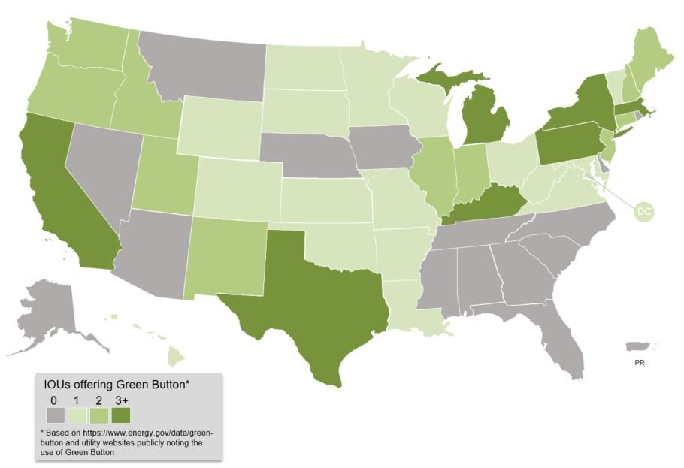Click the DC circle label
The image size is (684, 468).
point(643,212)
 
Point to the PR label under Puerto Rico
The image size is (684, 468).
point(639,362)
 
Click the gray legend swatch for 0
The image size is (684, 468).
point(55,415)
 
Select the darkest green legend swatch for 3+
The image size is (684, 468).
point(120,415)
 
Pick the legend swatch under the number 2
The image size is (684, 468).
point(98,415)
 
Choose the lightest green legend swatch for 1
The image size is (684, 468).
point(77,415)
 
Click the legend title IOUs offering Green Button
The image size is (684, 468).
point(117,385)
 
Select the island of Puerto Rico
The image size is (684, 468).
point(640,346)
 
